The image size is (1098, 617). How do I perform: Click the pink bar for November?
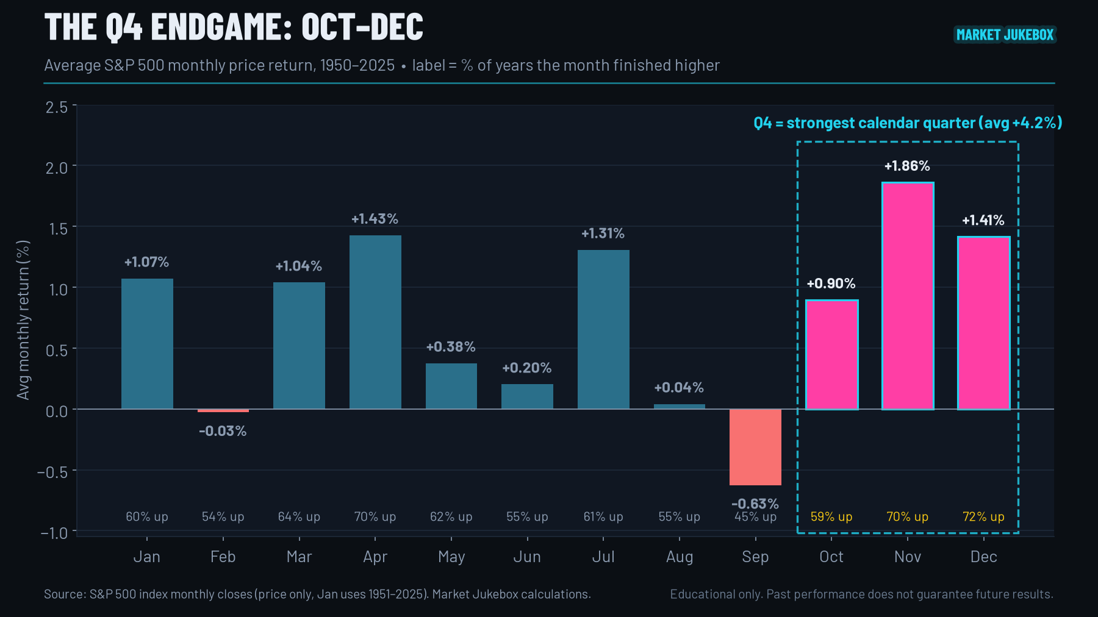coord(908,296)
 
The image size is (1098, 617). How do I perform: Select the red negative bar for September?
coord(755,447)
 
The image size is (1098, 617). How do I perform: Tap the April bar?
coord(375,322)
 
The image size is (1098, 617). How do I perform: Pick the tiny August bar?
coord(680,407)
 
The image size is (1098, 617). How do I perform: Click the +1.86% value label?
coord(907,166)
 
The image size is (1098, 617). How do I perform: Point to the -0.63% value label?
coord(755,504)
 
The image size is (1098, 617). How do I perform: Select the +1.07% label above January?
coord(146,262)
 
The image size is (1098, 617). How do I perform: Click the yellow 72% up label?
coord(983,516)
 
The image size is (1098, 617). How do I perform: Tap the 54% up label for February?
coord(223,516)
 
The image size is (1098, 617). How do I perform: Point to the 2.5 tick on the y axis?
coord(57,107)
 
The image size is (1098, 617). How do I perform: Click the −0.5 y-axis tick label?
coord(52,472)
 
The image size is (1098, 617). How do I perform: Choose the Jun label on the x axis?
coord(527,557)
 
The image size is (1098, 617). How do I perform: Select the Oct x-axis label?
coord(831,557)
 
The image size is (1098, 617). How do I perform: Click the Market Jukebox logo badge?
coord(1005,35)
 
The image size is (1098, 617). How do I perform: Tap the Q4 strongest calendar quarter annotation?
coord(908,123)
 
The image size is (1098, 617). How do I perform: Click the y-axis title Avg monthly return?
coord(23,320)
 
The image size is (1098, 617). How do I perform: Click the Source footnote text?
coord(317,594)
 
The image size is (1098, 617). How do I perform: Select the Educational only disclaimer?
coord(861,594)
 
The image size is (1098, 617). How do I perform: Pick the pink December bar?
coord(983,323)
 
